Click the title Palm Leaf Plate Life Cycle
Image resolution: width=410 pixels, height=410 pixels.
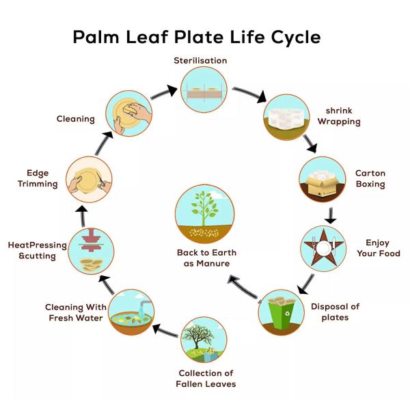[x=196, y=36]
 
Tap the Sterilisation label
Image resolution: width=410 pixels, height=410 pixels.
[x=200, y=61]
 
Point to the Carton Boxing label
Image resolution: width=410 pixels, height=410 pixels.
[x=370, y=178]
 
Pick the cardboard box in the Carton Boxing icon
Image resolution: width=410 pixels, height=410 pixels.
[x=321, y=181]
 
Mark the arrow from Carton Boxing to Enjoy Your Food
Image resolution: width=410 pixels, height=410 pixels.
[x=331, y=215]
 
